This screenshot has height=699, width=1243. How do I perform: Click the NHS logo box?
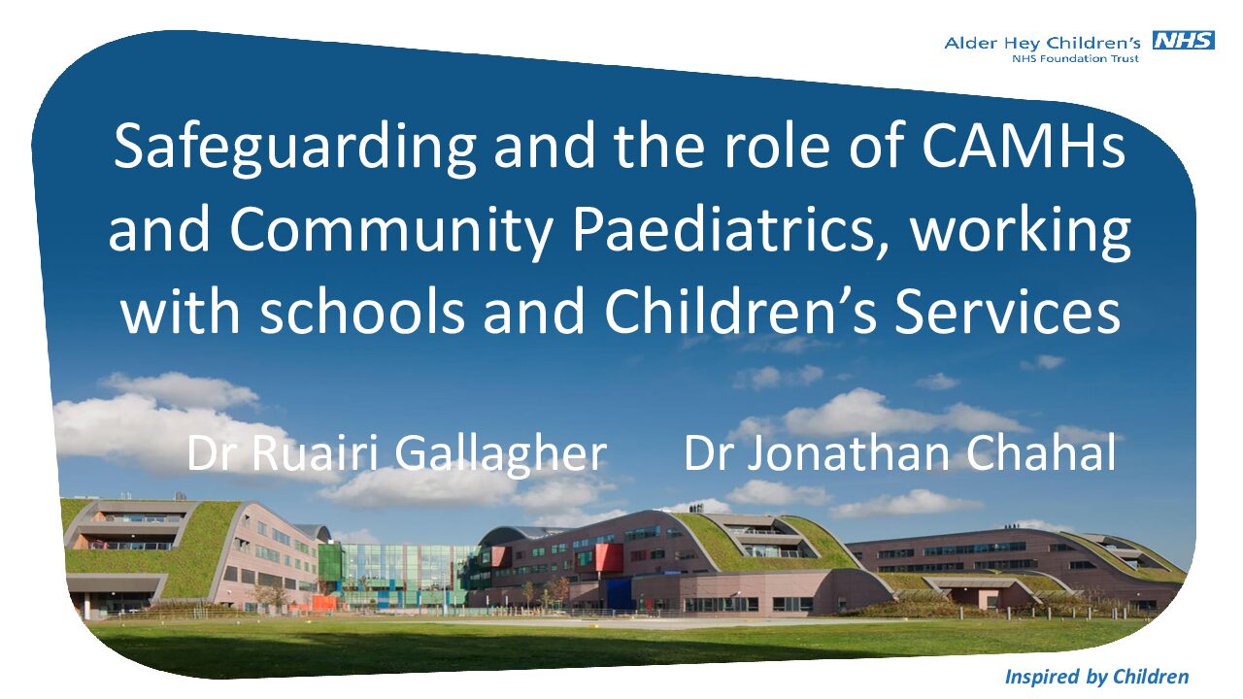point(1184,41)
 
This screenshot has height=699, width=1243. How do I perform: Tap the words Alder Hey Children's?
point(1042,43)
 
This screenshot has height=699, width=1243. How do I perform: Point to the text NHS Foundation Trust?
point(1075,59)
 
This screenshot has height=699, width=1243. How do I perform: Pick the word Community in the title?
point(390,231)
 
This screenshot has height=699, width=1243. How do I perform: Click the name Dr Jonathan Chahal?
point(899,452)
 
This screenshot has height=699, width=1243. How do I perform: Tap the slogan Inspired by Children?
point(1097,677)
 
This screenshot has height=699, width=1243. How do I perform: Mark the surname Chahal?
point(1040,452)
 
